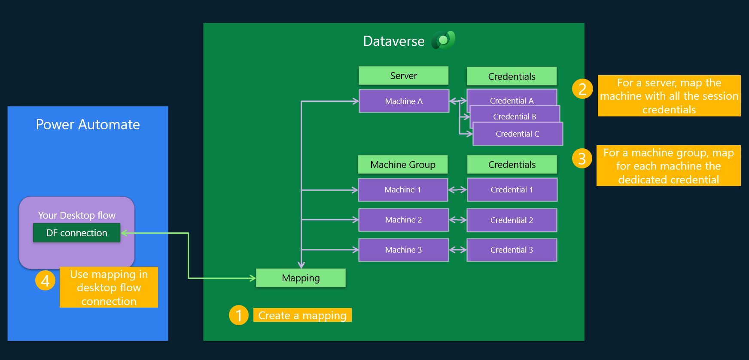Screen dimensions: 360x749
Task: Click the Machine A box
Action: tap(404, 101)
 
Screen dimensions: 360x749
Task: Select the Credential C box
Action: tap(518, 134)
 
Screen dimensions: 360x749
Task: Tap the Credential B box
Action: tap(515, 116)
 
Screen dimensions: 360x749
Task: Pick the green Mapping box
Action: tap(301, 278)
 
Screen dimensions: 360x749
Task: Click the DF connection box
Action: tap(77, 233)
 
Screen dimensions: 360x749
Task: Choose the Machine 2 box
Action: tap(403, 220)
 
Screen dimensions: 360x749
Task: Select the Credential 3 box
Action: tap(512, 250)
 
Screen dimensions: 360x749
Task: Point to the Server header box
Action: tap(403, 76)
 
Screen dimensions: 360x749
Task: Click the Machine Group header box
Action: tap(402, 165)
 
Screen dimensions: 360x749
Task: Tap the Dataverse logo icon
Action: tap(443, 40)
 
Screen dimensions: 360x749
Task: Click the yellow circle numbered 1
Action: tap(239, 315)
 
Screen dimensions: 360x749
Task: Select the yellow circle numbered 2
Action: tap(582, 89)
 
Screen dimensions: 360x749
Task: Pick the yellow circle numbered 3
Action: tap(582, 159)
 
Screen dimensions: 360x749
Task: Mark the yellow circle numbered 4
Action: tap(45, 281)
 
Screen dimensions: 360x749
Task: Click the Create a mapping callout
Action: tap(302, 315)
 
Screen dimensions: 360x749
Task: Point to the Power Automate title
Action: tap(88, 125)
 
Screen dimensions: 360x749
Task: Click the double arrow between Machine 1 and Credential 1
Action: tap(457, 190)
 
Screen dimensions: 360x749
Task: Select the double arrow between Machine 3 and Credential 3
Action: tap(458, 250)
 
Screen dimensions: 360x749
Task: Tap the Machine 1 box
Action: tap(403, 190)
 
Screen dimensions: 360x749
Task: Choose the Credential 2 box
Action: tap(512, 220)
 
